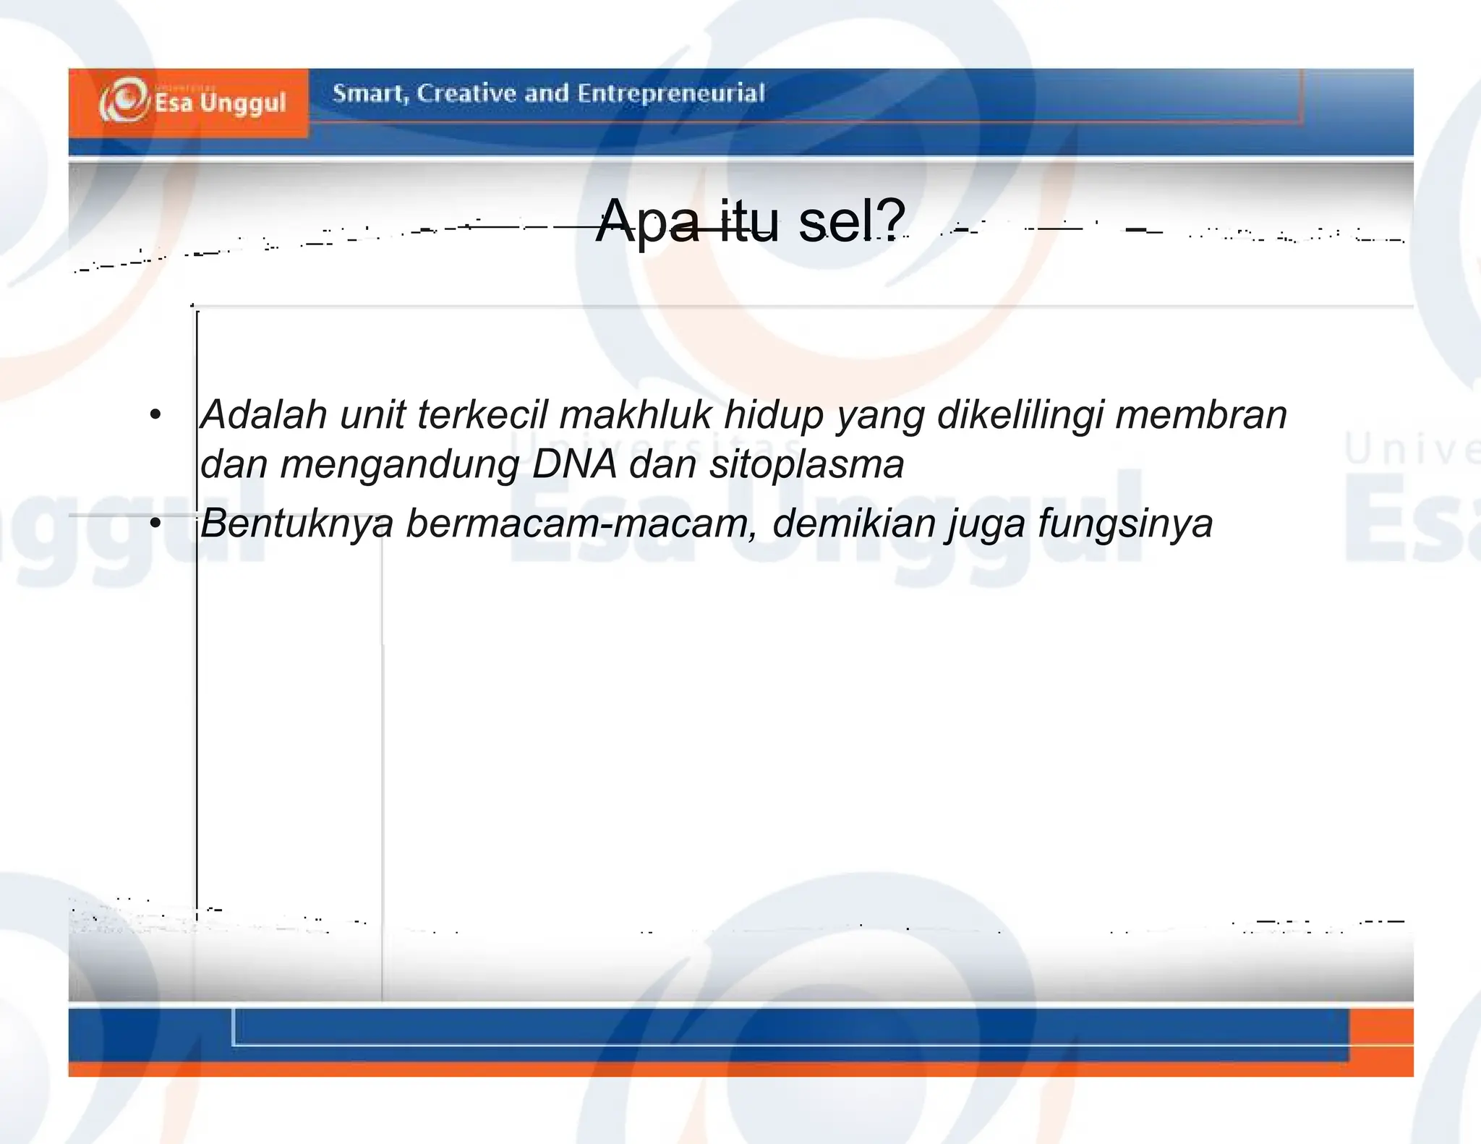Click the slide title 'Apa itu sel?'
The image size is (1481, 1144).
(751, 221)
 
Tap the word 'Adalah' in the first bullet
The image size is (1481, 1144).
(264, 415)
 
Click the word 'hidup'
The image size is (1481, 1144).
(774, 415)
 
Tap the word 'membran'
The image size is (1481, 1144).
(1201, 415)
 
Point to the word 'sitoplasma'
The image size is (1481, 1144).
(806, 464)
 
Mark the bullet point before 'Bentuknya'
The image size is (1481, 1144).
(155, 523)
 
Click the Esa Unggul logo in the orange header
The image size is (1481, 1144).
(192, 101)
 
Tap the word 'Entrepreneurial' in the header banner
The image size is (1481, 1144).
(670, 93)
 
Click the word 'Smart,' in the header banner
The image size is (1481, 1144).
(370, 94)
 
